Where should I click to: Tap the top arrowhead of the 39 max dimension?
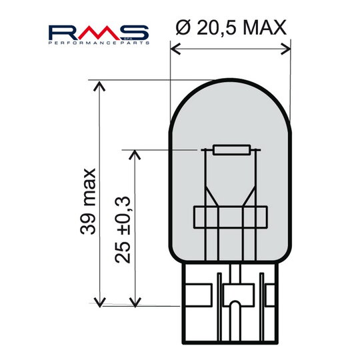click(x=100, y=85)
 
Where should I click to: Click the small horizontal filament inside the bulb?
click(x=231, y=150)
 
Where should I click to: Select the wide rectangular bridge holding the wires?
click(x=231, y=218)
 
